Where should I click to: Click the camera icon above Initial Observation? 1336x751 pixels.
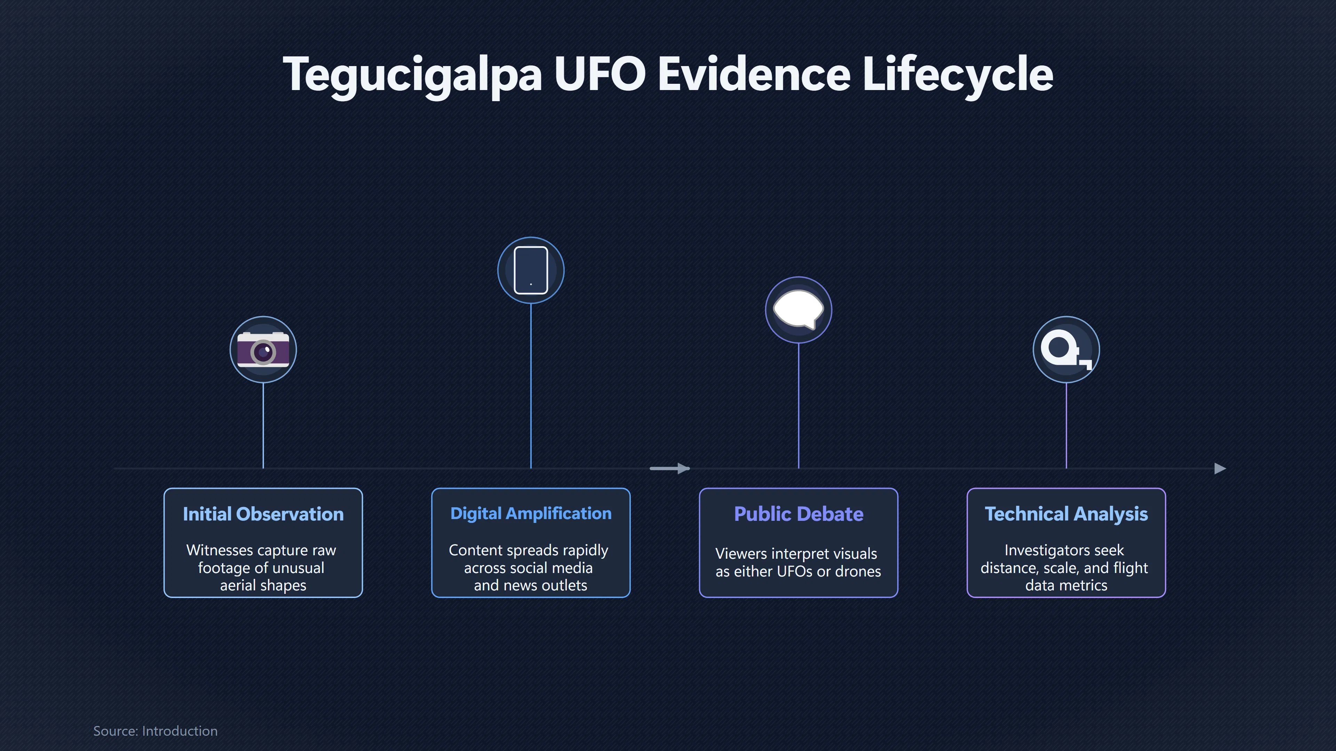[263, 350]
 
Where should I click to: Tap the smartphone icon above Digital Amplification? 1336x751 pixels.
[531, 270]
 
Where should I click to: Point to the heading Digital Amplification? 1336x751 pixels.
[531, 513]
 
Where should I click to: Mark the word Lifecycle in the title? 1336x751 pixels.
[957, 75]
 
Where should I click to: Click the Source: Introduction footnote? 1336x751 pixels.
[155, 731]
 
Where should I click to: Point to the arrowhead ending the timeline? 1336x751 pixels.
[1220, 469]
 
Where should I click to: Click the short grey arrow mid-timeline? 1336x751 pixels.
[669, 469]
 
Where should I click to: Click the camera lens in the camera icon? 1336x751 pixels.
[263, 353]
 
